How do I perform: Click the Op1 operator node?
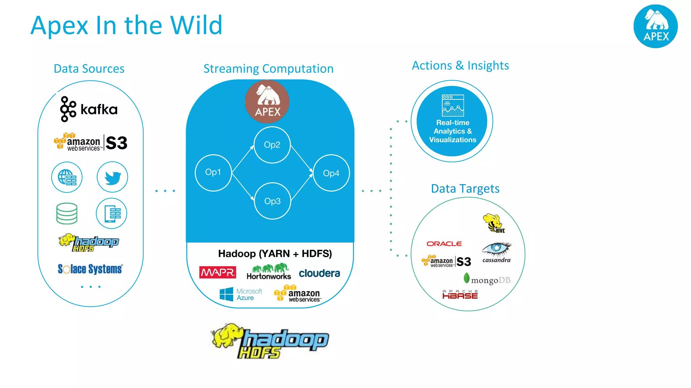click(x=213, y=173)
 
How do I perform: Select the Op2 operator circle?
click(x=272, y=145)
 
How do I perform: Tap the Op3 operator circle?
click(x=272, y=201)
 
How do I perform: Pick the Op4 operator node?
click(x=331, y=173)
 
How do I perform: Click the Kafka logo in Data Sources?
click(x=89, y=109)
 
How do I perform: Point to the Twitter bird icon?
click(x=112, y=177)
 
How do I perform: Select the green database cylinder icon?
click(x=67, y=214)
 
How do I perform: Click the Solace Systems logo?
click(x=90, y=269)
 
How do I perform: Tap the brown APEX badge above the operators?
click(x=267, y=101)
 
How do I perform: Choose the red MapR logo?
click(x=218, y=272)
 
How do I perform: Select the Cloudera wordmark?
click(x=319, y=273)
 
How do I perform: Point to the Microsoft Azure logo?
click(x=241, y=294)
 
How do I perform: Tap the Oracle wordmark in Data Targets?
click(x=444, y=244)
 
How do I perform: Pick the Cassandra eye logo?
click(x=496, y=252)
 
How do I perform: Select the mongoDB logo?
click(x=488, y=280)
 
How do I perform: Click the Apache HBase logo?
click(x=460, y=295)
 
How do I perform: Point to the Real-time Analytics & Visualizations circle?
click(x=452, y=121)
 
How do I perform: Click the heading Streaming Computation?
click(x=268, y=69)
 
